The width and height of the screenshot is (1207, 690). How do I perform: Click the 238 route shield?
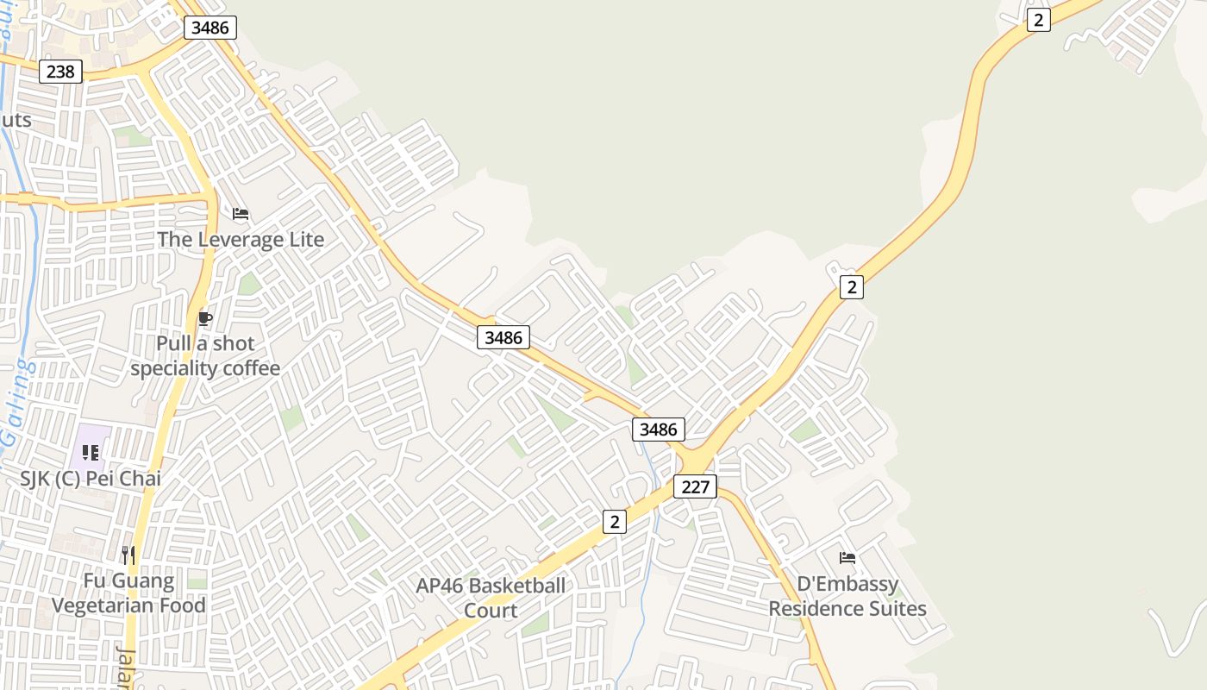[x=60, y=72]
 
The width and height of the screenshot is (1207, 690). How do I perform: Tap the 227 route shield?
[x=695, y=486]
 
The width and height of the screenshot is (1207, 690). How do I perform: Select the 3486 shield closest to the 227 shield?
[x=659, y=430]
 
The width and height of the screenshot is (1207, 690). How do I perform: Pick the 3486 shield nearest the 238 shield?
[x=210, y=28]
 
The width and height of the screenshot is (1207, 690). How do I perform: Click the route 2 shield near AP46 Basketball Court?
[x=614, y=521]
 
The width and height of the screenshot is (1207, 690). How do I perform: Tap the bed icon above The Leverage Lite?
[x=241, y=214]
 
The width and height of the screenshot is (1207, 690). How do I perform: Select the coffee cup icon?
[x=204, y=319]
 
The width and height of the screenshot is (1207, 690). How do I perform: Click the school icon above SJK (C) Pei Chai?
[x=91, y=452]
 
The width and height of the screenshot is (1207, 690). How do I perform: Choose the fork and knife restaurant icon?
[x=128, y=555]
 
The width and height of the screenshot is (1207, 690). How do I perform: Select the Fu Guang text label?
[x=128, y=581]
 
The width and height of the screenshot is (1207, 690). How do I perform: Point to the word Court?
[x=491, y=611]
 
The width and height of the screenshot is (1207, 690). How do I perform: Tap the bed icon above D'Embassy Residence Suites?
[x=847, y=558]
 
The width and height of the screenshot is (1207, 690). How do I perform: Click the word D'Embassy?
[x=847, y=584]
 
